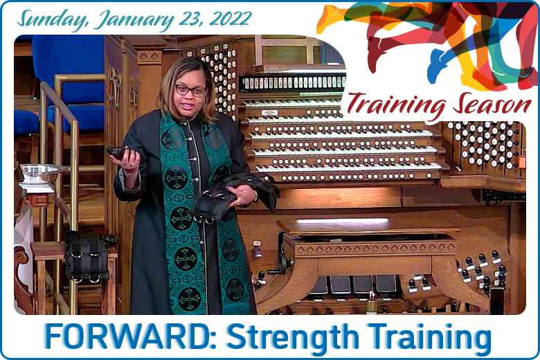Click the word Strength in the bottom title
tap(291, 338)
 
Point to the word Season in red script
tap(492, 104)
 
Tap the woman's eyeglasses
tap(191, 90)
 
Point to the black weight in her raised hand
tap(119, 153)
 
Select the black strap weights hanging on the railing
tap(89, 255)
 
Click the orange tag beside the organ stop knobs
tap(522, 161)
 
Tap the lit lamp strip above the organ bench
tap(342, 220)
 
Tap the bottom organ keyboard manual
tap(348, 168)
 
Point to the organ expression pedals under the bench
tap(352, 285)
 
